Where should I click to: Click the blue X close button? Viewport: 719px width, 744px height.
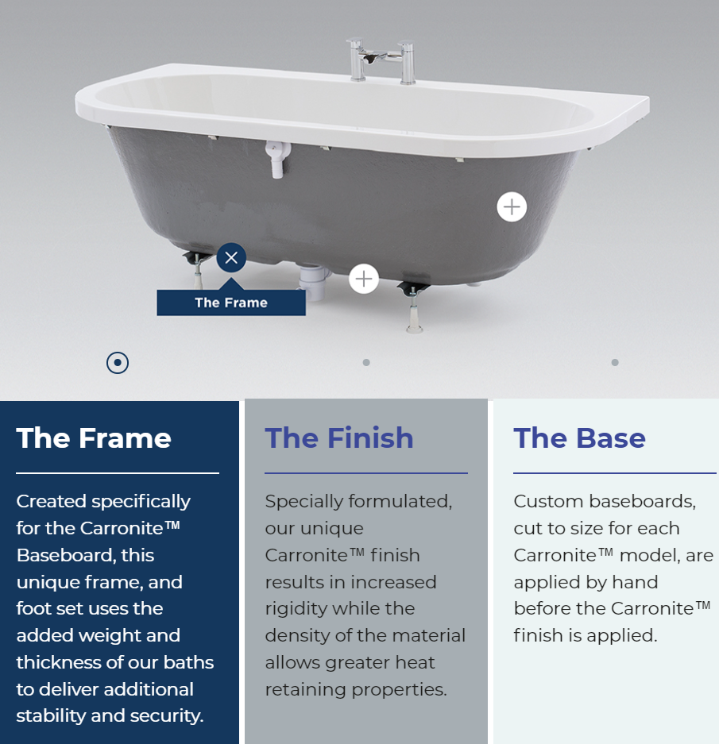point(231,257)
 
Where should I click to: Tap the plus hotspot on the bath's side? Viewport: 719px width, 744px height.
point(512,207)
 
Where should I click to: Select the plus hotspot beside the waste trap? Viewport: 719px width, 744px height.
point(364,279)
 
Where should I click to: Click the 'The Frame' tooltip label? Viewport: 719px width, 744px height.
point(231,303)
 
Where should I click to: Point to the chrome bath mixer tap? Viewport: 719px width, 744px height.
point(382,60)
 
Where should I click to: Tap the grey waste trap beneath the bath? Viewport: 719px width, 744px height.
point(314,283)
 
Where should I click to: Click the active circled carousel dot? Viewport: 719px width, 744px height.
point(118,363)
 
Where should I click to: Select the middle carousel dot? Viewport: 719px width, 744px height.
point(366,363)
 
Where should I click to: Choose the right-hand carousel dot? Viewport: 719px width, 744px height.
point(615,363)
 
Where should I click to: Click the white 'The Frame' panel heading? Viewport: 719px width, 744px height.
point(94,438)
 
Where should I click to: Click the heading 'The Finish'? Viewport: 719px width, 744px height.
point(339,438)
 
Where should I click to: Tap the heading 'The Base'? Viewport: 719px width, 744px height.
point(579,438)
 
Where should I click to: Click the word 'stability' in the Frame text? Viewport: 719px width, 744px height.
point(51,715)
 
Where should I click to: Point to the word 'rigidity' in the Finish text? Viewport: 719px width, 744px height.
point(296,608)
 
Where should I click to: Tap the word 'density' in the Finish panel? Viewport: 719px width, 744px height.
point(293,635)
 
